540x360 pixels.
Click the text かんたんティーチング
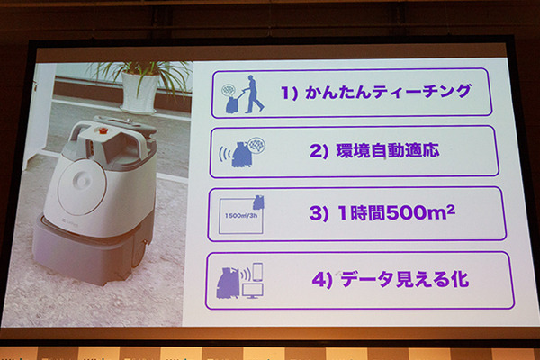(387, 93)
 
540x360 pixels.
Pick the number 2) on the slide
(319, 151)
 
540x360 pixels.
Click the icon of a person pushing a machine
(240, 93)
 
